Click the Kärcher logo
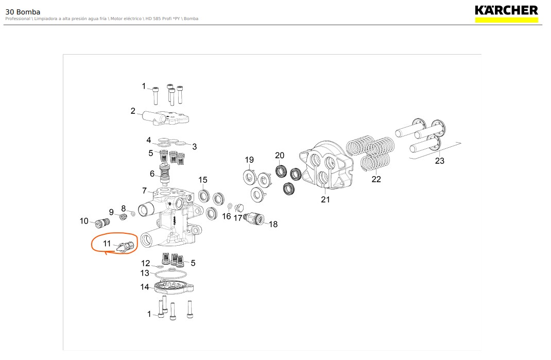[506, 13]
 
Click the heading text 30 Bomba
[23, 12]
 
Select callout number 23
[440, 161]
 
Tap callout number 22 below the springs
[376, 179]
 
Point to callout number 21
[325, 200]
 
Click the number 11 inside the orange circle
[107, 244]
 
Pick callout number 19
[249, 160]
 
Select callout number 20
[280, 156]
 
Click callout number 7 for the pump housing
[144, 191]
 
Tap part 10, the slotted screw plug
[102, 223]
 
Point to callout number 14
[145, 287]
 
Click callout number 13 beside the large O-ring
[145, 273]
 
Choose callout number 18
[273, 225]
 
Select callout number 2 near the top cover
[133, 111]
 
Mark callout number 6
[152, 174]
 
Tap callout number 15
[203, 180]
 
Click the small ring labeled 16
[230, 205]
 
